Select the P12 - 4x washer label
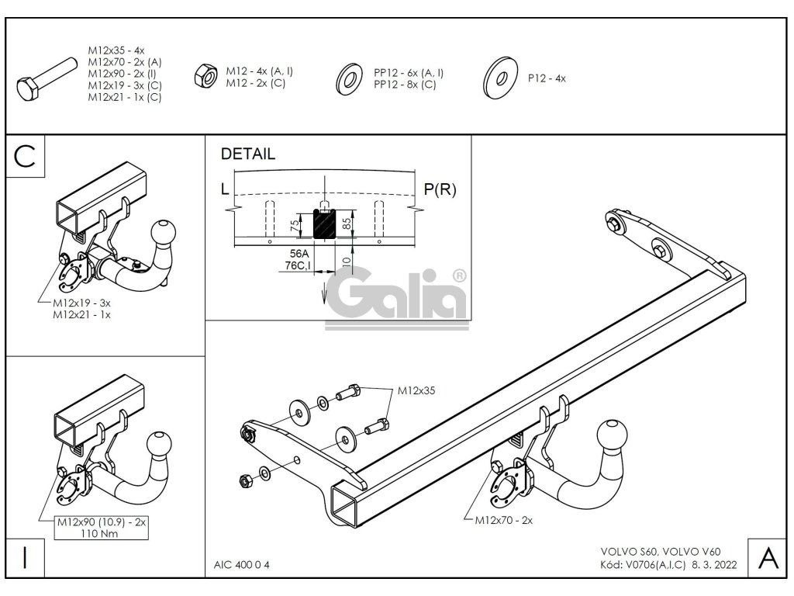point(547,78)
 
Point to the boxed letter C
point(26,156)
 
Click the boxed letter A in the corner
point(767,556)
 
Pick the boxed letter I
point(26,557)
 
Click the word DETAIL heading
point(248,154)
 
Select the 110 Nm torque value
point(100,534)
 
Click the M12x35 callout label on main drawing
point(416,391)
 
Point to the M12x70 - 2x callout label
point(503,520)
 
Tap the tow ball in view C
point(164,230)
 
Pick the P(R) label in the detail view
point(440,189)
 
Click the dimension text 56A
point(298,254)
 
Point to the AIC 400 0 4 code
point(242,564)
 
